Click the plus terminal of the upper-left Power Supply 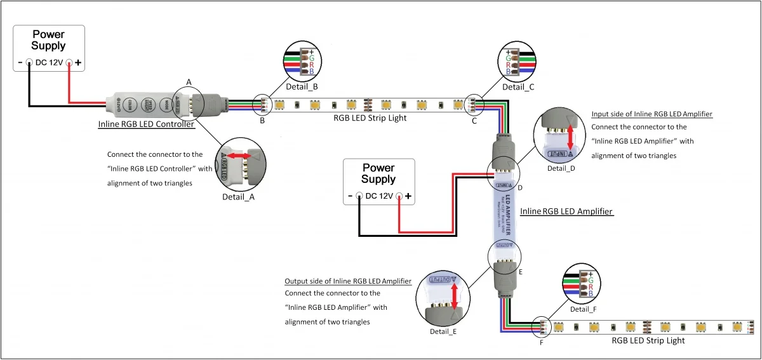(69, 63)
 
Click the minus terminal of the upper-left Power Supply (29, 63)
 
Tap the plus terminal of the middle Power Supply (399, 196)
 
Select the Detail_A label (238, 197)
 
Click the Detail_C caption (518, 86)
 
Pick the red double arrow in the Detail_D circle (570, 137)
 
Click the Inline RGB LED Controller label (146, 124)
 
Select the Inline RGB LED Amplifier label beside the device (566, 211)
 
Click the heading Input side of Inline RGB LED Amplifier (652, 114)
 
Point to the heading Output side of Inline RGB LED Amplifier (348, 281)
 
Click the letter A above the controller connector (189, 82)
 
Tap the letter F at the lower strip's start (541, 343)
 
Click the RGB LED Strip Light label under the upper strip (370, 117)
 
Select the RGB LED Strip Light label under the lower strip (648, 341)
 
